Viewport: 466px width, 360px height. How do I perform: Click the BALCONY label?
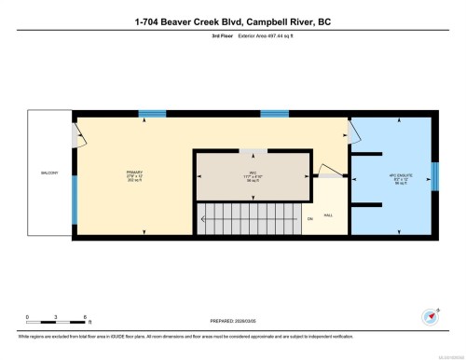(x=48, y=173)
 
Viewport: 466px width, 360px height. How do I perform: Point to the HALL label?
(x=328, y=214)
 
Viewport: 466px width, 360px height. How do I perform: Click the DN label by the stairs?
(x=309, y=220)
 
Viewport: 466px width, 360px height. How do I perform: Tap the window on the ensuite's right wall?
(x=434, y=176)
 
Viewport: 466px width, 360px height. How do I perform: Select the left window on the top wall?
(x=151, y=114)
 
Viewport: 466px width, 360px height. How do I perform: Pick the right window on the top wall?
(x=273, y=114)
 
